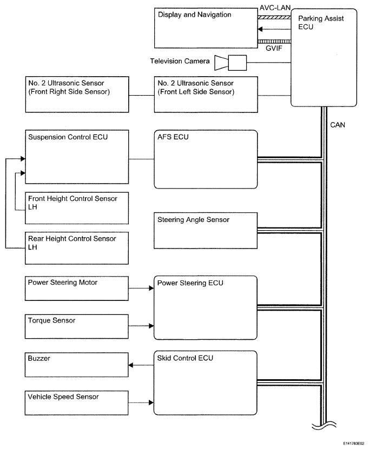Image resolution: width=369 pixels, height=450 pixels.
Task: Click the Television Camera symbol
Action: (x=230, y=63)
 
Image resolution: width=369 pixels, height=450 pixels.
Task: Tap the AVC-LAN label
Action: (x=275, y=8)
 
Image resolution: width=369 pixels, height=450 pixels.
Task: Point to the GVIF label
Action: (x=274, y=48)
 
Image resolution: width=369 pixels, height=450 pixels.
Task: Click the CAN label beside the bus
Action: (x=338, y=125)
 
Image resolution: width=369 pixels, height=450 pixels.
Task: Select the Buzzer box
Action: (x=76, y=365)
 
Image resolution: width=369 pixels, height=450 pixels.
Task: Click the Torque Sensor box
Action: (x=76, y=327)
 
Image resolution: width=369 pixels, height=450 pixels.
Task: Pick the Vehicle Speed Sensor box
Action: (x=76, y=403)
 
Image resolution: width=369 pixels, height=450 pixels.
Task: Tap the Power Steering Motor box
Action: (x=76, y=288)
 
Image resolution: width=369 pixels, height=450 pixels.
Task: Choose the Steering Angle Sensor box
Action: (x=206, y=231)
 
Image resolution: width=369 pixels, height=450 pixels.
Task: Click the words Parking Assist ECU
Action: (x=321, y=23)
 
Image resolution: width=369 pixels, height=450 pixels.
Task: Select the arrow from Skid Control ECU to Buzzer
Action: (x=141, y=365)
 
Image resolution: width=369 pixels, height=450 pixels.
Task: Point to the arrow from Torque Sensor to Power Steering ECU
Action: (x=141, y=326)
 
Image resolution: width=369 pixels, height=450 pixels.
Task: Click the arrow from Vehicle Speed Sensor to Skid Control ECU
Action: (x=141, y=402)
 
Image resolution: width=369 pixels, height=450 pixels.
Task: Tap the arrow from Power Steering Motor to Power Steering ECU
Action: (x=141, y=288)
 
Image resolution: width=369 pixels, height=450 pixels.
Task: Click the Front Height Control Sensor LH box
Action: (x=77, y=208)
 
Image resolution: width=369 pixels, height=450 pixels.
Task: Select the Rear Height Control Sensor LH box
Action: (x=77, y=248)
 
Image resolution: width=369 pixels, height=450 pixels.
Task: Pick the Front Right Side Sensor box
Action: (x=77, y=95)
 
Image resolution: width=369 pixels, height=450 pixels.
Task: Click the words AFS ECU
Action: (x=173, y=137)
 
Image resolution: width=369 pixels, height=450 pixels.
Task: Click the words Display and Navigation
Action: (x=195, y=15)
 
